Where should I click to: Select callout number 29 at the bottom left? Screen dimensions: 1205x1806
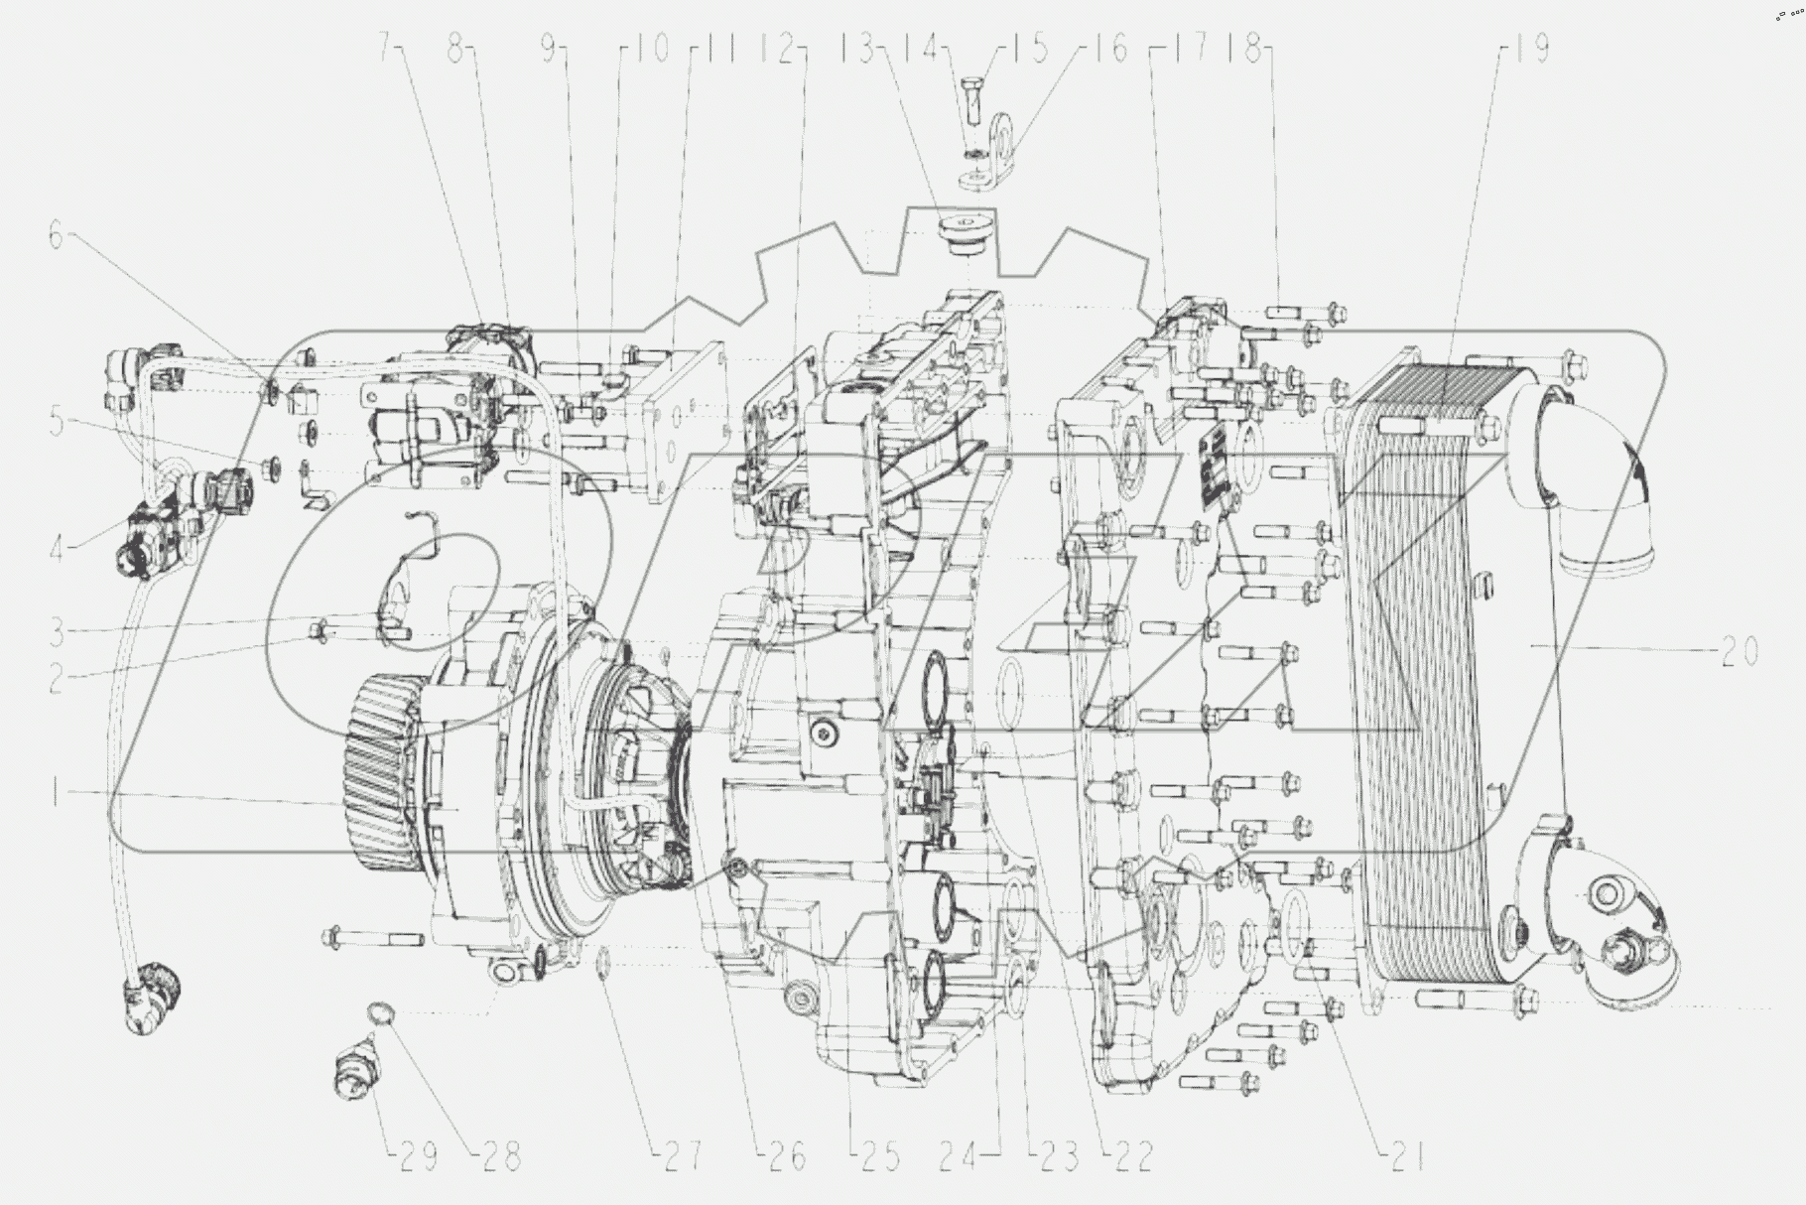pyautogui.click(x=416, y=1157)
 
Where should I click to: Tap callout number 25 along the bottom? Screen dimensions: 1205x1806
pyautogui.click(x=877, y=1157)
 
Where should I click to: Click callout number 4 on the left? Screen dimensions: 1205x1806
pyautogui.click(x=58, y=545)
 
